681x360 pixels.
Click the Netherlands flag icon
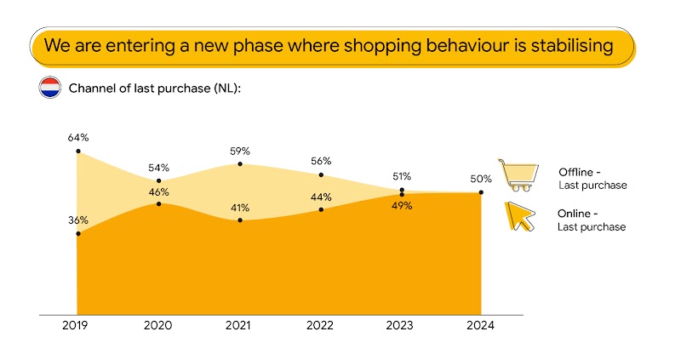tap(49, 88)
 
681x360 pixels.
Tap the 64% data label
tap(78, 137)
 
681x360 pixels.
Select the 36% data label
tap(78, 219)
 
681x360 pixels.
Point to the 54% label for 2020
tap(158, 168)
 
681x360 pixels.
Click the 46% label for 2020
tap(158, 192)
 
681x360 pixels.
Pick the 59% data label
tap(239, 151)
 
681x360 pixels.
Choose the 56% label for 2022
tap(321, 161)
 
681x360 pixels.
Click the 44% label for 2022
tap(321, 197)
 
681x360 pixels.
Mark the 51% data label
tap(402, 176)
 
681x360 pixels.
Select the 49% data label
tap(402, 205)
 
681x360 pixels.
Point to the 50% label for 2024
tap(482, 179)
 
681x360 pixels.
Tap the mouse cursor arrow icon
tap(520, 217)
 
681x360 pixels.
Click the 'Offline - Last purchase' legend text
tap(592, 179)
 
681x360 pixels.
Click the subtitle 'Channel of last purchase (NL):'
tap(155, 89)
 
